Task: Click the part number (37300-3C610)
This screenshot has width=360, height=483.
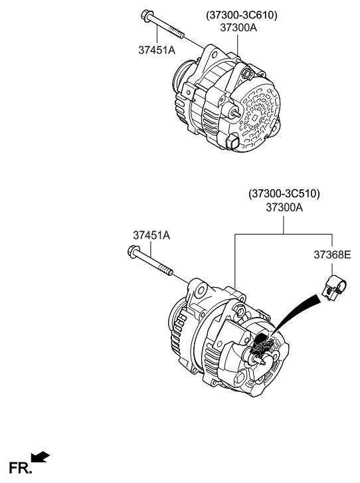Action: tap(241, 15)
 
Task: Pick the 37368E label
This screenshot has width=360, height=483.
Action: tap(332, 254)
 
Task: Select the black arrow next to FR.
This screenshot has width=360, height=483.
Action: tap(41, 456)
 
